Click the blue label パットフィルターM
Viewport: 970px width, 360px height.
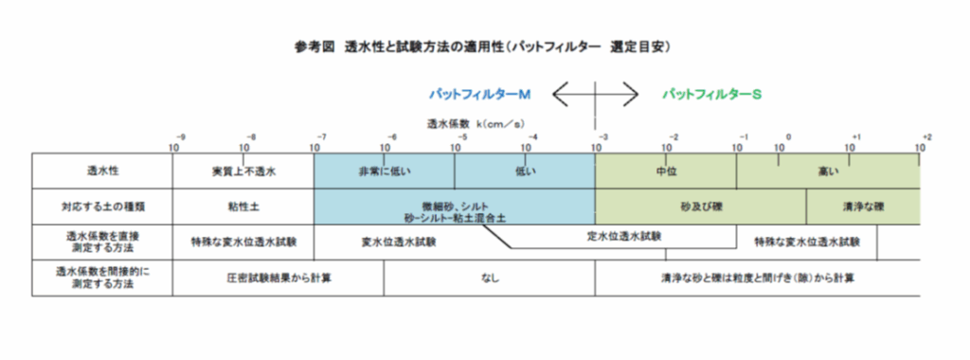pyautogui.click(x=479, y=95)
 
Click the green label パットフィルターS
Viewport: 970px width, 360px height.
pyautogui.click(x=712, y=95)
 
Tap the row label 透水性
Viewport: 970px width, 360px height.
pyautogui.click(x=102, y=172)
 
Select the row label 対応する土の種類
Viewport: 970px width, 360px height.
pyautogui.click(x=102, y=206)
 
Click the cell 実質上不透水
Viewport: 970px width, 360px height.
pyautogui.click(x=242, y=172)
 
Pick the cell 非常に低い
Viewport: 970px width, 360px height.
pyautogui.click(x=383, y=172)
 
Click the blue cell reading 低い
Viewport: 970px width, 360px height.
pyautogui.click(x=524, y=172)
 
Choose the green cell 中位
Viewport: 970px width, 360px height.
pyautogui.click(x=665, y=172)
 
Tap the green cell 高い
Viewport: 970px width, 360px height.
pyautogui.click(x=826, y=172)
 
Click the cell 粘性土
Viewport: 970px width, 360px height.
pyautogui.click(x=242, y=206)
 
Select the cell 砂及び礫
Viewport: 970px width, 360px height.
pyautogui.click(x=700, y=206)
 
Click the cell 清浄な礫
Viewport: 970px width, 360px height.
pyautogui.click(x=862, y=206)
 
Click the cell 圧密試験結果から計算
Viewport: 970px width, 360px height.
pyautogui.click(x=278, y=279)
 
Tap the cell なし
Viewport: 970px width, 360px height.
pyautogui.click(x=489, y=279)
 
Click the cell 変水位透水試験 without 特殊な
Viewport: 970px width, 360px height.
pyautogui.click(x=400, y=242)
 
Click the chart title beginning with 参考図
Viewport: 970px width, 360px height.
pyautogui.click(x=483, y=45)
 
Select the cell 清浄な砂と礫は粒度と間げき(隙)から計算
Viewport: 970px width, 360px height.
pyautogui.click(x=756, y=279)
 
